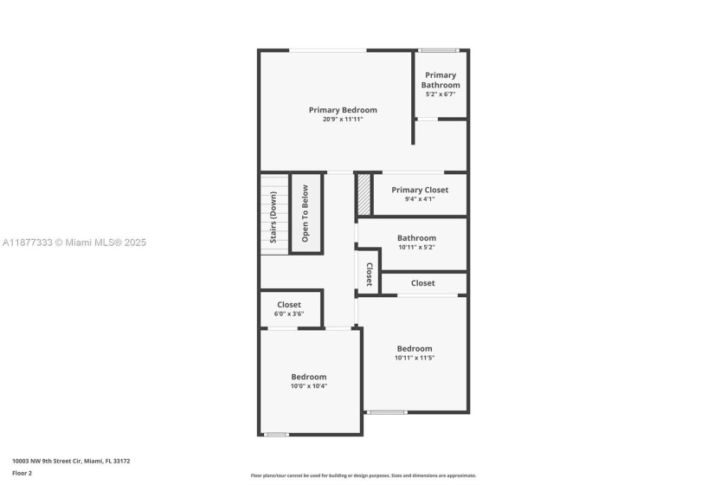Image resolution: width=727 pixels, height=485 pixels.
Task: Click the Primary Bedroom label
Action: pyautogui.click(x=343, y=110)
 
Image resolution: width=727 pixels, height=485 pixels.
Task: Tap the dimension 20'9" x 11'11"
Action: pyautogui.click(x=343, y=120)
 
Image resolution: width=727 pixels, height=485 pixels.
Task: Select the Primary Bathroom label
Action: pyautogui.click(x=441, y=80)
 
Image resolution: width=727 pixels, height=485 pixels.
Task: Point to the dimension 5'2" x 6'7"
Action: pyautogui.click(x=441, y=94)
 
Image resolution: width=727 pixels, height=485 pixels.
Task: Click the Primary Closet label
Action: pyautogui.click(x=420, y=190)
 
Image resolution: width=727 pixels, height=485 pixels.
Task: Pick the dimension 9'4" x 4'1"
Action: pyautogui.click(x=420, y=199)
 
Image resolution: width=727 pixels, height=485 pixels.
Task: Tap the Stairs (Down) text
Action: pyautogui.click(x=273, y=217)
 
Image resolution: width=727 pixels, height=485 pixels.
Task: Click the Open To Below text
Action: pyautogui.click(x=305, y=214)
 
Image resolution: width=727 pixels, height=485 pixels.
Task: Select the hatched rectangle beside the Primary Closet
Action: pyautogui.click(x=364, y=194)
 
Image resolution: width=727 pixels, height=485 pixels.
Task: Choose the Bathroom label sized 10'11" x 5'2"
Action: pyautogui.click(x=416, y=238)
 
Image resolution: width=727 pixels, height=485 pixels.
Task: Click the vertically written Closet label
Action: pyautogui.click(x=370, y=275)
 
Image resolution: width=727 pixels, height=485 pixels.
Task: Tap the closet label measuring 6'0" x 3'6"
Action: pyautogui.click(x=289, y=305)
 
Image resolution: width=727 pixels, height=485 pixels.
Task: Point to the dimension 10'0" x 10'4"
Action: pyautogui.click(x=309, y=386)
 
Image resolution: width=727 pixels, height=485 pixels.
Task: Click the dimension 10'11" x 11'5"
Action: pyautogui.click(x=415, y=358)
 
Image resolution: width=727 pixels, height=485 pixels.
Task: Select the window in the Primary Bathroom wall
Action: pyautogui.click(x=439, y=50)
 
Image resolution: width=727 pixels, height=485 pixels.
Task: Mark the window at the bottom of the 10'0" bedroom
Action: pyautogui.click(x=276, y=435)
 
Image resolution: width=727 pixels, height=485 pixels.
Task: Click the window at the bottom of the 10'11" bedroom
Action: pyautogui.click(x=387, y=412)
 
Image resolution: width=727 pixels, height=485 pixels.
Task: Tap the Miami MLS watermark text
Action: pyautogui.click(x=74, y=242)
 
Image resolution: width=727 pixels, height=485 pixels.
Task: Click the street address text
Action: pyautogui.click(x=71, y=462)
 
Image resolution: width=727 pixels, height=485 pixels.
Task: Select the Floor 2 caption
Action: pyautogui.click(x=22, y=474)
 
